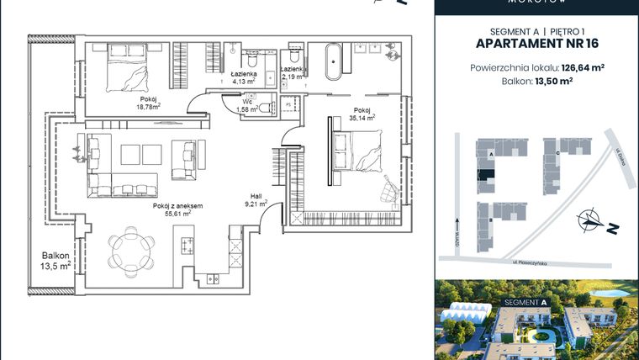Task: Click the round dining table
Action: [x=132, y=248]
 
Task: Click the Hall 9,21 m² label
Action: [x=256, y=200]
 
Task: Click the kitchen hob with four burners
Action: [x=187, y=246]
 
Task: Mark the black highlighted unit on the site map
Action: [x=485, y=175]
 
